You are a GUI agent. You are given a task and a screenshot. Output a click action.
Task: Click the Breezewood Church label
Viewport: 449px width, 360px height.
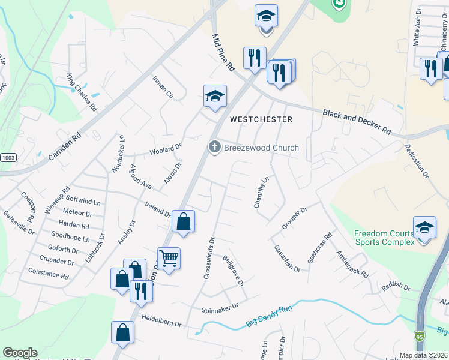[261, 148]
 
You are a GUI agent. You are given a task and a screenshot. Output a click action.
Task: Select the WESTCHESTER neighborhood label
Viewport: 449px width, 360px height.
[261, 119]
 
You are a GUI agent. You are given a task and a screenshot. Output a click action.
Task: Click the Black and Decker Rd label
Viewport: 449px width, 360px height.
[357, 122]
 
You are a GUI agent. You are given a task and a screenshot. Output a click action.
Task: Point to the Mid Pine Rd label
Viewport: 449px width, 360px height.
[223, 53]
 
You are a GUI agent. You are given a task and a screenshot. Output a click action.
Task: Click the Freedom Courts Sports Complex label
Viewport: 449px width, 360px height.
[384, 238]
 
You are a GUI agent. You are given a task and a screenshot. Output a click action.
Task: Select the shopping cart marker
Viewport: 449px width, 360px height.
[169, 259]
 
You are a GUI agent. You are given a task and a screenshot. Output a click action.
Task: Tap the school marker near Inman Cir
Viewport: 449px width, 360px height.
[215, 96]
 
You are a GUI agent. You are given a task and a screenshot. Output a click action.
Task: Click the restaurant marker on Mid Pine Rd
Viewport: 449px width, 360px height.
[255, 58]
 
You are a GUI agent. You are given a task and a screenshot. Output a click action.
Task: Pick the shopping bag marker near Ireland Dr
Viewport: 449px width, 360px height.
[183, 221]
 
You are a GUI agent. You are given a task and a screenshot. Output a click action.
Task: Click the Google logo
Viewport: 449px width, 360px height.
[20, 353]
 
